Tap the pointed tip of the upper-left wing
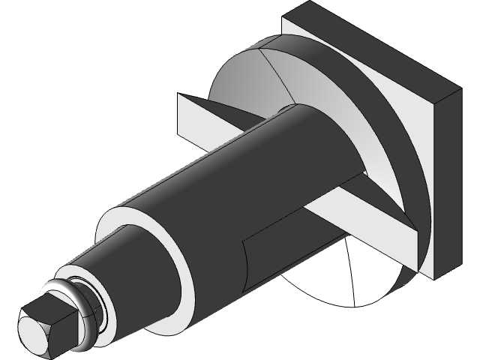[178, 94]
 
